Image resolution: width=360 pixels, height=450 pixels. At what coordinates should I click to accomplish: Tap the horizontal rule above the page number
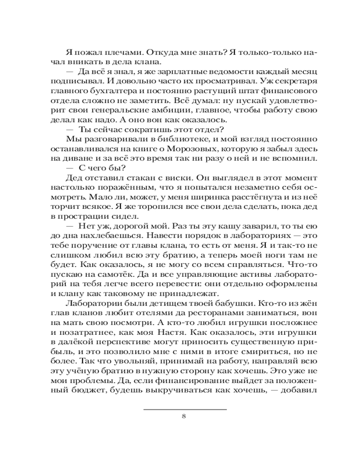(x=184, y=409)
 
